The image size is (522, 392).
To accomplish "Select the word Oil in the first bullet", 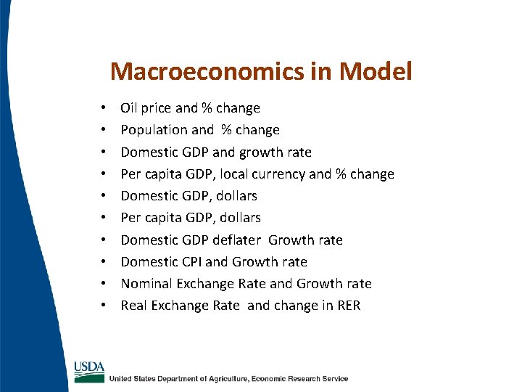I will pyautogui.click(x=128, y=108).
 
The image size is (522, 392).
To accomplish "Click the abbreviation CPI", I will pyautogui.click(x=190, y=261).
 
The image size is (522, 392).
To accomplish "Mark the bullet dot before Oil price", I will pyautogui.click(x=106, y=109).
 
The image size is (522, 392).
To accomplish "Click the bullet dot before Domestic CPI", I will pyautogui.click(x=106, y=262).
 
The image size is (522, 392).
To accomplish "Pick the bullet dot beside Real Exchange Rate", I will pyautogui.click(x=106, y=306).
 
